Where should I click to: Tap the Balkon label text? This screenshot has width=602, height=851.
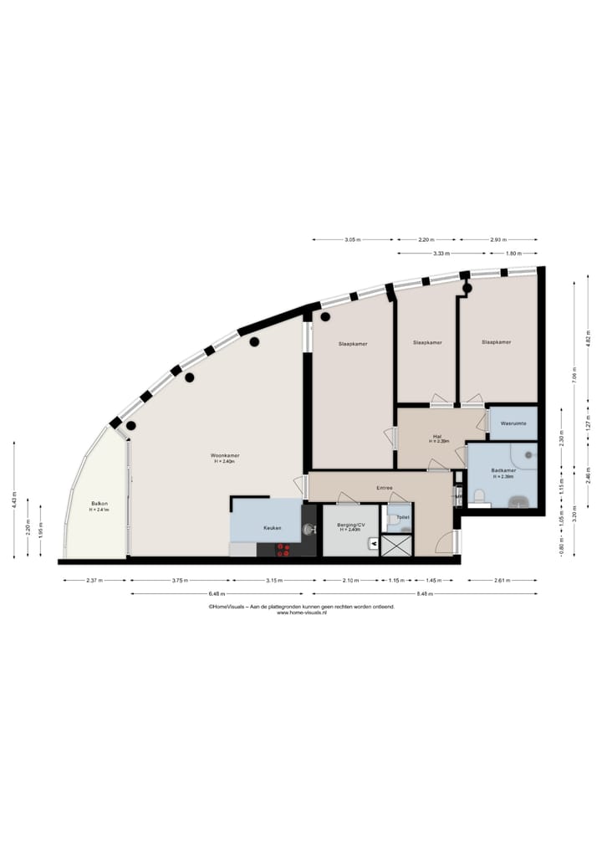[99, 504]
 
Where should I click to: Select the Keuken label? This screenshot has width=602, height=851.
[272, 528]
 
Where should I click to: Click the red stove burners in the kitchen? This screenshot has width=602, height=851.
[283, 550]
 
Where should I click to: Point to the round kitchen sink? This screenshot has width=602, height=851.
[309, 529]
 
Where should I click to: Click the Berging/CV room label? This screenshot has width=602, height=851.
[349, 526]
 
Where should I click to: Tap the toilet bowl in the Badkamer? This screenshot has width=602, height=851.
[479, 496]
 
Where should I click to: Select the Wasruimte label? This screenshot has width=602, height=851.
[512, 424]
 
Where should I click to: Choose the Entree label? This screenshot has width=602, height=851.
[385, 487]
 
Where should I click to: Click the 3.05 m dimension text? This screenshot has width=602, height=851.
[352, 240]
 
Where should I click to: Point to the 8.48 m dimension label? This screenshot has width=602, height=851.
[426, 594]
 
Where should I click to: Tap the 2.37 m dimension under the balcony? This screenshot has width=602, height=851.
[95, 580]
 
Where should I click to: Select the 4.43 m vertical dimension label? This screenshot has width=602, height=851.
[15, 500]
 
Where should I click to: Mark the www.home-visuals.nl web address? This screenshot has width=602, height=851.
[301, 613]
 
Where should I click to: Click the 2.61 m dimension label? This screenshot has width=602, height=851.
[503, 580]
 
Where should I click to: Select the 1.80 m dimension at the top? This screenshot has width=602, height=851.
[513, 253]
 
